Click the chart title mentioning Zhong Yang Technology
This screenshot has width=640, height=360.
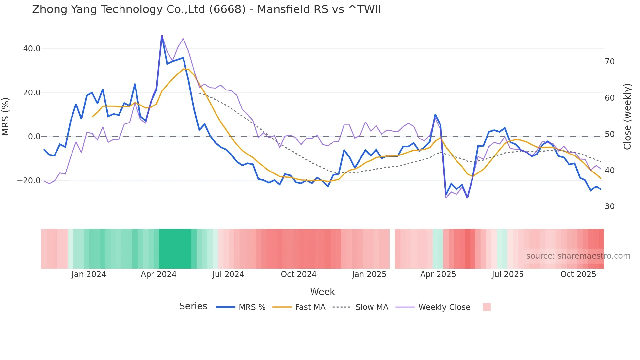[x=206, y=9]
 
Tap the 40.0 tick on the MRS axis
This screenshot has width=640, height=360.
[x=32, y=49]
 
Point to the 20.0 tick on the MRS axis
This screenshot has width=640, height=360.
[x=32, y=93]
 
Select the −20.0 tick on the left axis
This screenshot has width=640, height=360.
[x=29, y=181]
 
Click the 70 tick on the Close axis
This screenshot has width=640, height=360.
[x=610, y=62]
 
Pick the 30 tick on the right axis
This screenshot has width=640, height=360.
[x=610, y=206]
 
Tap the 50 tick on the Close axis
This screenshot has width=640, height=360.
[x=610, y=134]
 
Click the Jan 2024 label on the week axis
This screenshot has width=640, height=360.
[x=89, y=274]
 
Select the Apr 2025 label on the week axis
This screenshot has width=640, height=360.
[x=438, y=274]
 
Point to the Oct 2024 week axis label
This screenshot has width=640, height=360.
[x=299, y=274]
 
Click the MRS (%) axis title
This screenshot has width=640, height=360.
[x=6, y=116]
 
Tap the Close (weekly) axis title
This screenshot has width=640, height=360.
[x=627, y=117]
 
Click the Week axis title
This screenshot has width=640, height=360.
[x=322, y=292]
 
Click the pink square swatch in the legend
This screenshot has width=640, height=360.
[x=487, y=307]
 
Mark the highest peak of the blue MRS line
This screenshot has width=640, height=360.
[x=162, y=36]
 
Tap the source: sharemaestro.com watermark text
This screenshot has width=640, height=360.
[x=578, y=256]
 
